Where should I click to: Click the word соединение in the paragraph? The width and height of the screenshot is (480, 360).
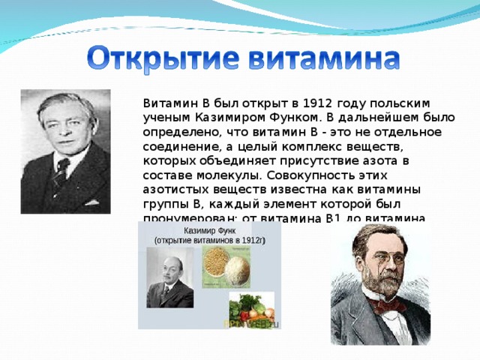176,147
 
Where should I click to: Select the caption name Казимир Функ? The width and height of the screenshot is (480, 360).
208,231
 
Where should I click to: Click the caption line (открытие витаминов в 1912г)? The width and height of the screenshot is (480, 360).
209,241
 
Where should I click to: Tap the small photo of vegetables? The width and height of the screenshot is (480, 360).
250,308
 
